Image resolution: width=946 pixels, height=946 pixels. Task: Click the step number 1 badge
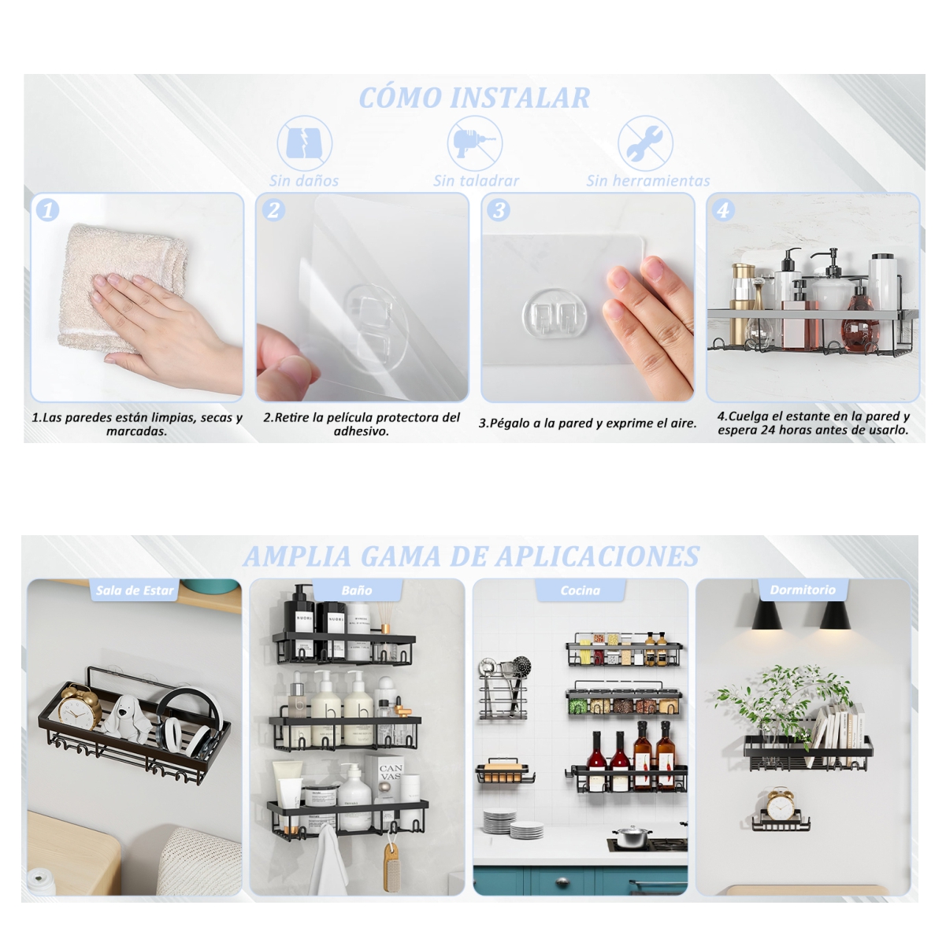point(48,210)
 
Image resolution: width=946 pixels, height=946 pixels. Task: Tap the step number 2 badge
point(273,210)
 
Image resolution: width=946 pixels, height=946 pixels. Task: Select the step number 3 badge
point(499,210)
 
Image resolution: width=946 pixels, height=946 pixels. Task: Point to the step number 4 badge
point(724,210)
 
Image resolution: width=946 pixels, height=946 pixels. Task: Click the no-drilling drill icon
point(474,143)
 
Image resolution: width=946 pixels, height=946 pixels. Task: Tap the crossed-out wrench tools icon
point(645,143)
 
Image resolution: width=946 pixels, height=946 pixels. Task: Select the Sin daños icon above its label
point(304,143)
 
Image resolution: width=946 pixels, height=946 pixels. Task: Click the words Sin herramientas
point(647,181)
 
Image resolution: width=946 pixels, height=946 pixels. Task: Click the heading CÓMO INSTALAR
point(474,98)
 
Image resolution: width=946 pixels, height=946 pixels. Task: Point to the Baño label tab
point(357,590)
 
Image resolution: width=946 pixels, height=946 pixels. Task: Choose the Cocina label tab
point(581,590)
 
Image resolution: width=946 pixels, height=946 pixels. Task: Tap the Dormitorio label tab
point(803,589)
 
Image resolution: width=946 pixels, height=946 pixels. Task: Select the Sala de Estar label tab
point(135,590)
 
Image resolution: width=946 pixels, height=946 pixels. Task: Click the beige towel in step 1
point(126,287)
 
